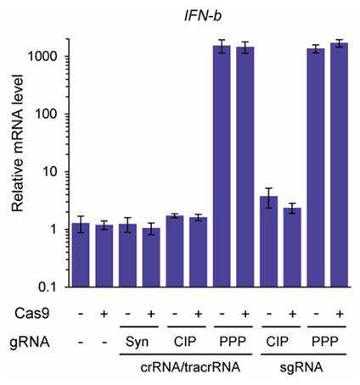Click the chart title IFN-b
[x=203, y=15]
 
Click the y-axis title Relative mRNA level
[x=18, y=143]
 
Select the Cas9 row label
[x=32, y=314]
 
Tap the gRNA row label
[x=30, y=343]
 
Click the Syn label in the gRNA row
[x=137, y=343]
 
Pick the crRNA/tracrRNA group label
[x=190, y=368]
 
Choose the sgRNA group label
[x=301, y=368]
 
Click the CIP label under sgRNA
[x=277, y=342]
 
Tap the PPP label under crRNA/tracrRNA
[x=233, y=342]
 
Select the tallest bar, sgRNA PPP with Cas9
[x=339, y=165]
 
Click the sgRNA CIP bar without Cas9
[x=268, y=242]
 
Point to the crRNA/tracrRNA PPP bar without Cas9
[x=222, y=166]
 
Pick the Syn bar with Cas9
[x=151, y=258]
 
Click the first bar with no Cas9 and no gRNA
[x=81, y=255]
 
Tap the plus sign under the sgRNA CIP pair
[x=292, y=314]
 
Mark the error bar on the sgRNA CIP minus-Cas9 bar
[x=268, y=198]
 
